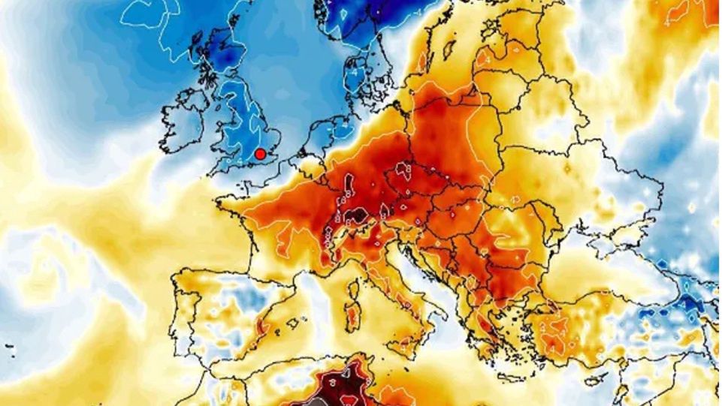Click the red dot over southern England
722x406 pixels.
click(260, 154)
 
